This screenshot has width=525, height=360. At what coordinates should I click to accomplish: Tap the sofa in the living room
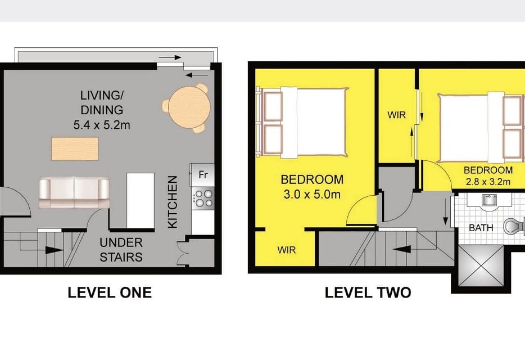click(x=74, y=193)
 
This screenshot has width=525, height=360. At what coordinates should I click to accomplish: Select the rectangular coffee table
click(x=75, y=148)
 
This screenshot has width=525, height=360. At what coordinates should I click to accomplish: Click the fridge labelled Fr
click(x=202, y=174)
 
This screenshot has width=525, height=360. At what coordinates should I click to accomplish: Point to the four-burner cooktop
click(x=203, y=199)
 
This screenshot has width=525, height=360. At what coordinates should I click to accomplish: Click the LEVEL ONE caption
click(x=110, y=292)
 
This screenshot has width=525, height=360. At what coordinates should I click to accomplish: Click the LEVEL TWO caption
click(x=368, y=292)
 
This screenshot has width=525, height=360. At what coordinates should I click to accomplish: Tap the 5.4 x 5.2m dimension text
click(x=102, y=125)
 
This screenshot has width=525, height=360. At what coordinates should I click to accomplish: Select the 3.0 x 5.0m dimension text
click(x=312, y=195)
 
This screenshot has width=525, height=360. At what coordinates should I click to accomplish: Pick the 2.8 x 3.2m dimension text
click(x=488, y=182)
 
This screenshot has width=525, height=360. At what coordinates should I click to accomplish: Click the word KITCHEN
click(x=173, y=202)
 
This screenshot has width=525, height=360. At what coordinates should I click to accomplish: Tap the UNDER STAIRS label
click(x=121, y=250)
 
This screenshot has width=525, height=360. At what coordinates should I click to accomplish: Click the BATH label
click(x=481, y=228)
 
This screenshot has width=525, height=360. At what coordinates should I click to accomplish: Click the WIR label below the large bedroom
click(x=287, y=250)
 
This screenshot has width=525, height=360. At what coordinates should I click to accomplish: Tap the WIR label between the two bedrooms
click(x=396, y=115)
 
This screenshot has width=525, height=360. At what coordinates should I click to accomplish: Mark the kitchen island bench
click(x=141, y=200)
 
